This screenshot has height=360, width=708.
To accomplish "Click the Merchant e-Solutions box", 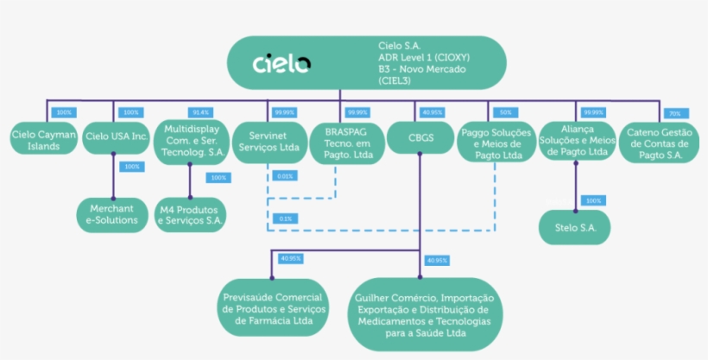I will tap(111, 214).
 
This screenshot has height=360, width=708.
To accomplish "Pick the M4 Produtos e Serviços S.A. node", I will tap(190, 214).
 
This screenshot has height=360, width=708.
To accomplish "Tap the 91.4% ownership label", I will tap(200, 112).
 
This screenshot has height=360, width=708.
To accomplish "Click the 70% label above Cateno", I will tap(674, 113).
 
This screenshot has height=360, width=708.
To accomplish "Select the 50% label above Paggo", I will tap(506, 112).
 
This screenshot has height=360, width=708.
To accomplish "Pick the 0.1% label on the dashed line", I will tap(284, 218).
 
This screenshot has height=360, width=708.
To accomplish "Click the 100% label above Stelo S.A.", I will tap(593, 200).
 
